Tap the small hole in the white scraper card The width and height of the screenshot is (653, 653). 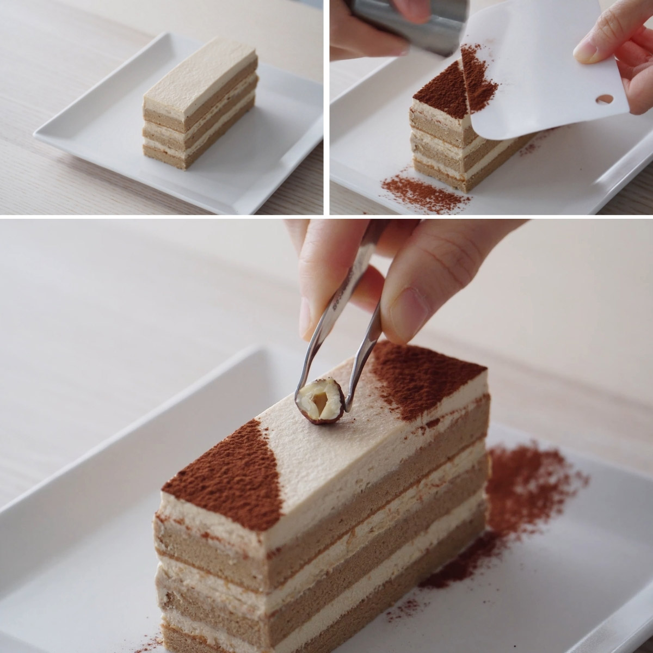click(604, 100)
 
